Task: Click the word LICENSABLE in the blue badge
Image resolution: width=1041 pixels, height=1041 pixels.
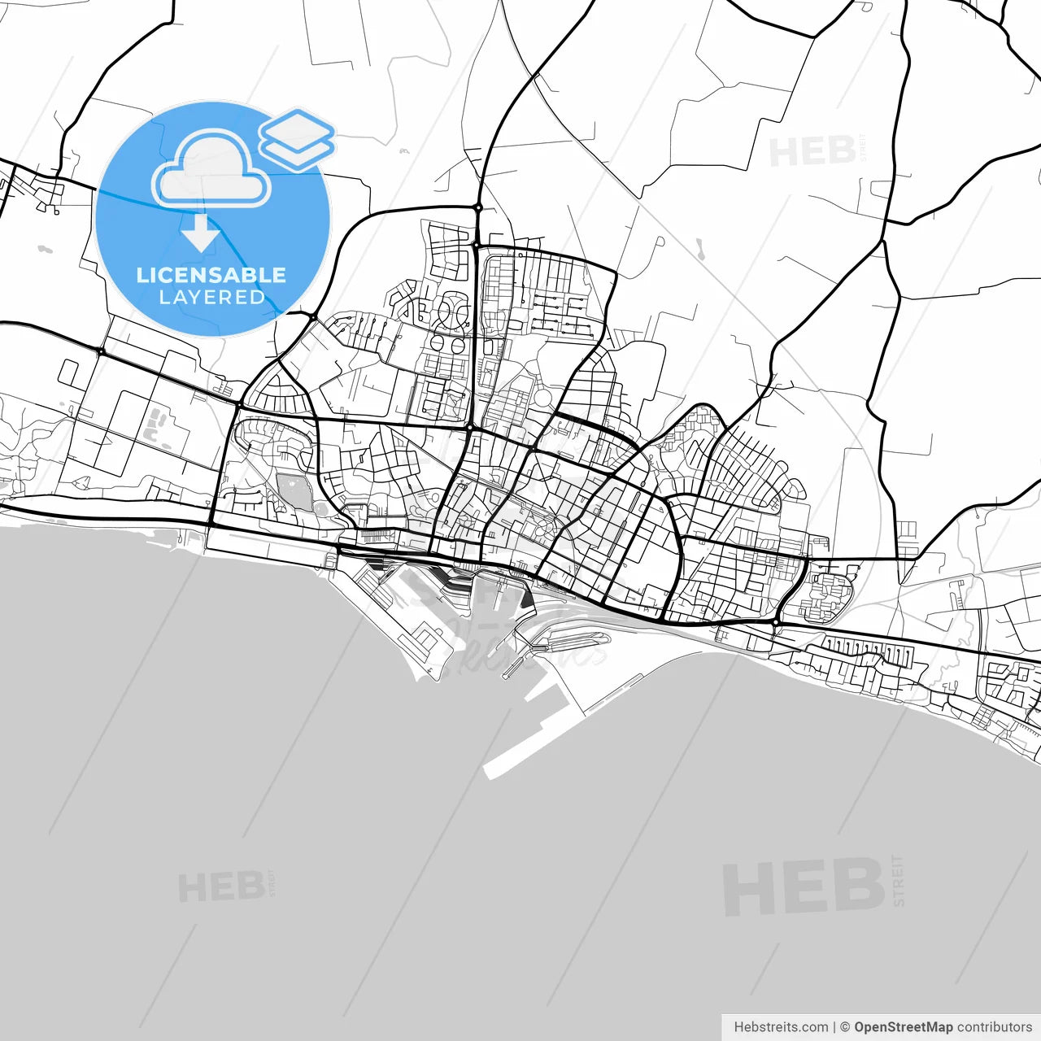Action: (x=211, y=275)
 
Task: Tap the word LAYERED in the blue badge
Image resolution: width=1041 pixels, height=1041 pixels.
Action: (x=212, y=298)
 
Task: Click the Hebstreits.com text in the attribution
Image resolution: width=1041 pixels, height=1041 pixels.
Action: (x=781, y=1027)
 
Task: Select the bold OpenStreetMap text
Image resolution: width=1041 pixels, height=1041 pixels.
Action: (x=903, y=1027)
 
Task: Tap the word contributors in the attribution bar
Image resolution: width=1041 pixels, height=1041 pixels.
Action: (x=995, y=1027)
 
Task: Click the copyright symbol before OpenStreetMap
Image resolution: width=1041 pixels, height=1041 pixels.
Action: (x=845, y=1027)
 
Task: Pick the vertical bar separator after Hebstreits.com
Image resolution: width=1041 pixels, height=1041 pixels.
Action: (x=834, y=1027)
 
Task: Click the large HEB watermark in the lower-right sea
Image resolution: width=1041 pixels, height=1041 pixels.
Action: (x=803, y=886)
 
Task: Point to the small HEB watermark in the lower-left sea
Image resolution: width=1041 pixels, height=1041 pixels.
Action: (x=220, y=887)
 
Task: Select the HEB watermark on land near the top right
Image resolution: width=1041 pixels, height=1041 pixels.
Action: (x=812, y=152)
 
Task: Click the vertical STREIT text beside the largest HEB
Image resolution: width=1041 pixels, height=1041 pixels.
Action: (x=898, y=880)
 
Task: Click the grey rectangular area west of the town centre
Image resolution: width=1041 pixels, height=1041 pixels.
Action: (x=294, y=491)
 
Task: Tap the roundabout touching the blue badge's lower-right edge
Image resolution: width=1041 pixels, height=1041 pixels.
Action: (x=312, y=316)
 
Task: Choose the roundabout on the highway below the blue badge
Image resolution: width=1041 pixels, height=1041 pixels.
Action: (x=100, y=351)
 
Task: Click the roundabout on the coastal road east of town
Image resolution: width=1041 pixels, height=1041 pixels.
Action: (x=777, y=622)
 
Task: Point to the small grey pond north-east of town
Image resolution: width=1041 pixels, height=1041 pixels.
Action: (x=699, y=246)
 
